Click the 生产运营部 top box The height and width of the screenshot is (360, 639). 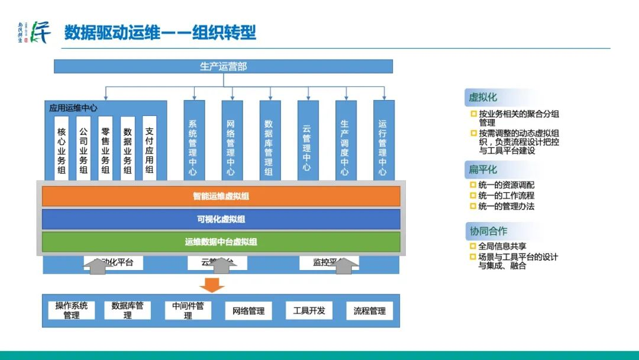click(x=223, y=66)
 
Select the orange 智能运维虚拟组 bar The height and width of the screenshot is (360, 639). click(x=221, y=196)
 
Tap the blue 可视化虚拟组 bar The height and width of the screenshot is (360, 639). click(x=221, y=219)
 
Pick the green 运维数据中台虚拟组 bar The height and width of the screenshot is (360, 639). click(x=221, y=242)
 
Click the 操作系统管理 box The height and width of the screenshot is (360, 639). click(x=72, y=310)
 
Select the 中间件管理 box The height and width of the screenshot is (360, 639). click(x=188, y=310)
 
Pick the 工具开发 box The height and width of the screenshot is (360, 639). click(x=309, y=310)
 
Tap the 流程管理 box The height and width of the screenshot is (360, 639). click(x=369, y=310)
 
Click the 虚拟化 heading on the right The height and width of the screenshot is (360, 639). click(x=483, y=97)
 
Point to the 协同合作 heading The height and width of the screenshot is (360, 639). click(x=488, y=231)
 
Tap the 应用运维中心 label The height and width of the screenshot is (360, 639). click(x=73, y=108)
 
